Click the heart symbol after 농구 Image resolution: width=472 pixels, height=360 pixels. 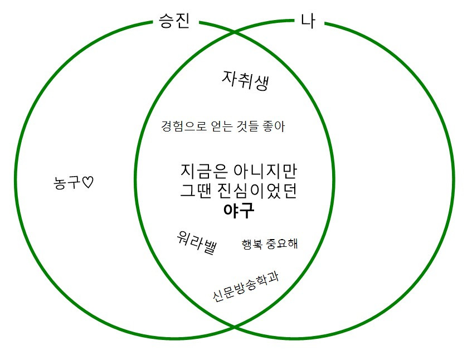pos(87,182)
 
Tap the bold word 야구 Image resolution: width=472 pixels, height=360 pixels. pos(238,210)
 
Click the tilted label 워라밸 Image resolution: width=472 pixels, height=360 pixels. pos(196,243)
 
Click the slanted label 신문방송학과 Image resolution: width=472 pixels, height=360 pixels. pos(246,285)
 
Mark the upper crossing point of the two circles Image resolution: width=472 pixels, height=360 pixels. pos(234,33)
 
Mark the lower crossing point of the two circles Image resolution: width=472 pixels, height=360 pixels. pos(234,325)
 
